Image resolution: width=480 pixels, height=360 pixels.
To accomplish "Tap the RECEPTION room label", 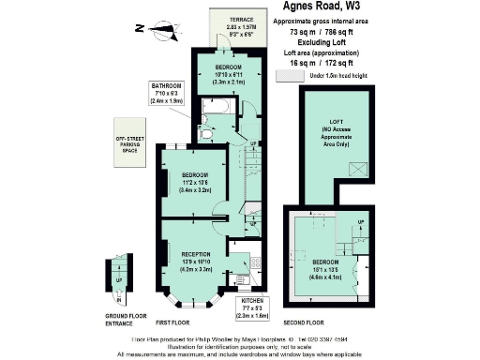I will [197, 253].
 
